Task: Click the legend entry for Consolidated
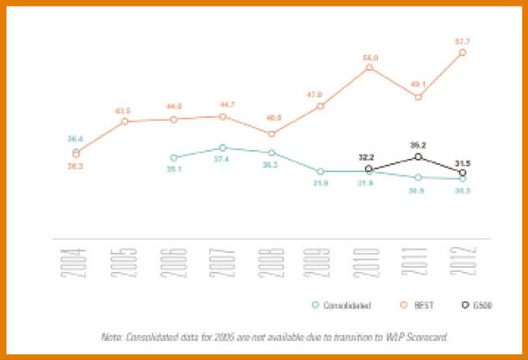(x=347, y=305)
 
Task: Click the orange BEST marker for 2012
(x=463, y=52)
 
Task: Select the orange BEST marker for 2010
(x=369, y=67)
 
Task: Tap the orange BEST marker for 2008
(x=272, y=133)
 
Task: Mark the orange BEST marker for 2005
(x=125, y=121)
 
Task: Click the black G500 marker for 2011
(x=418, y=157)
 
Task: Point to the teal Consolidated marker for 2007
(x=222, y=147)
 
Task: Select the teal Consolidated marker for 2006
(x=174, y=157)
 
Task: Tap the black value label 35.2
(x=418, y=143)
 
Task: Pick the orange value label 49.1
(x=418, y=84)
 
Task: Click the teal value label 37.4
(x=222, y=160)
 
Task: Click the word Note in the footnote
(x=112, y=337)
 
